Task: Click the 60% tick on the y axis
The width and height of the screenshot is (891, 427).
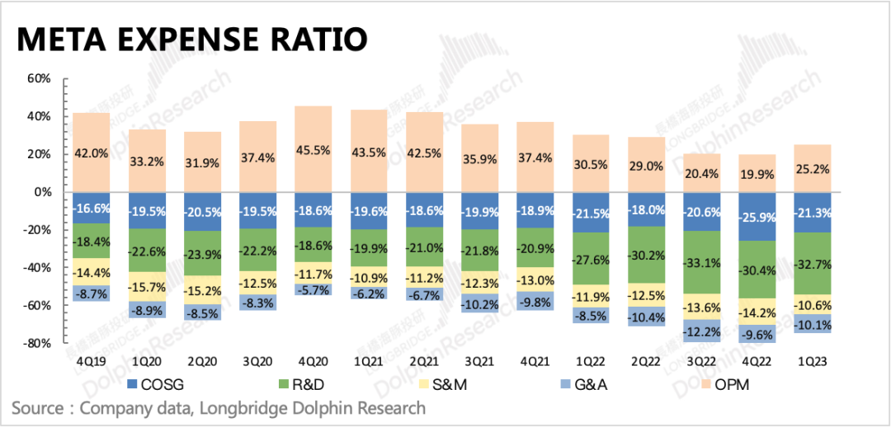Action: coord(40,79)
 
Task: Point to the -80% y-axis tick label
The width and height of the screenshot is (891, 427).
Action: coord(38,343)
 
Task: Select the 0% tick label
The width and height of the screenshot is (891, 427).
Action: coord(43,192)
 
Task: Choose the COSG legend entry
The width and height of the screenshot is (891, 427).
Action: coord(157,384)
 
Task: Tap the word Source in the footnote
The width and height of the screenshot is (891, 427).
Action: coord(40,408)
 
